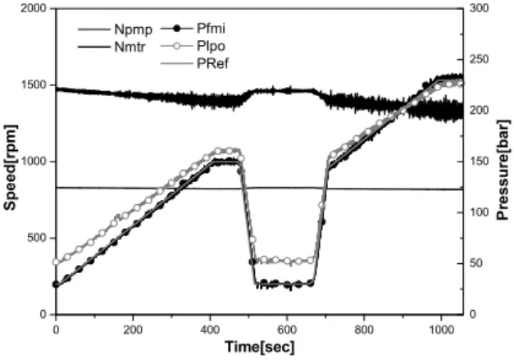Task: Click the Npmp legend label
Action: click(134, 30)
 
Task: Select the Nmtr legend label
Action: click(130, 47)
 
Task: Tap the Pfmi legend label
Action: click(211, 29)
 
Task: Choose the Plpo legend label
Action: click(211, 46)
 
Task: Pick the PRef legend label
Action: click(212, 63)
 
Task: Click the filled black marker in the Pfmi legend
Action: click(177, 29)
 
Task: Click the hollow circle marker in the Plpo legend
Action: click(177, 46)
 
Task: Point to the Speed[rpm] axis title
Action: click(10, 167)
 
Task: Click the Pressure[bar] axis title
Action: click(503, 171)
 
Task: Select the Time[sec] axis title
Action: click(260, 347)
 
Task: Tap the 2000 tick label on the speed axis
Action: click(34, 8)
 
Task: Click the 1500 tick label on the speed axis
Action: click(34, 85)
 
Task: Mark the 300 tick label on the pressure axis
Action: click(479, 8)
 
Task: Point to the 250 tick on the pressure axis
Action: click(479, 59)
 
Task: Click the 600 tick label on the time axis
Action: click(287, 329)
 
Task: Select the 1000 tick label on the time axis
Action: click(441, 329)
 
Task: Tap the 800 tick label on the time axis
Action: click(364, 329)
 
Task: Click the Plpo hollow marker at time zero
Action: click(56, 262)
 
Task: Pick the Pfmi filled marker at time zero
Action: click(56, 285)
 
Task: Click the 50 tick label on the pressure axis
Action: click(476, 263)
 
